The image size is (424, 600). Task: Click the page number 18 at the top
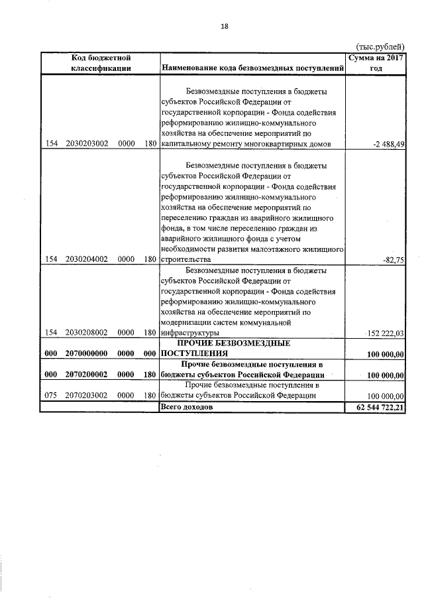224,26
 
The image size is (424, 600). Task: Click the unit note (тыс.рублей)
380,46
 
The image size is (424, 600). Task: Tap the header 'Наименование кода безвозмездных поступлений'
252,68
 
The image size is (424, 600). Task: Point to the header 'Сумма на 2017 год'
376,63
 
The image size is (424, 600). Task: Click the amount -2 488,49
388,144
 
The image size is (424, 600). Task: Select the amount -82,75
394,260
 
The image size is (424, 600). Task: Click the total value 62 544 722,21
376,407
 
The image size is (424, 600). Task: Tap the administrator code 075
50,395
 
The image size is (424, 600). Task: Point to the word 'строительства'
186,260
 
